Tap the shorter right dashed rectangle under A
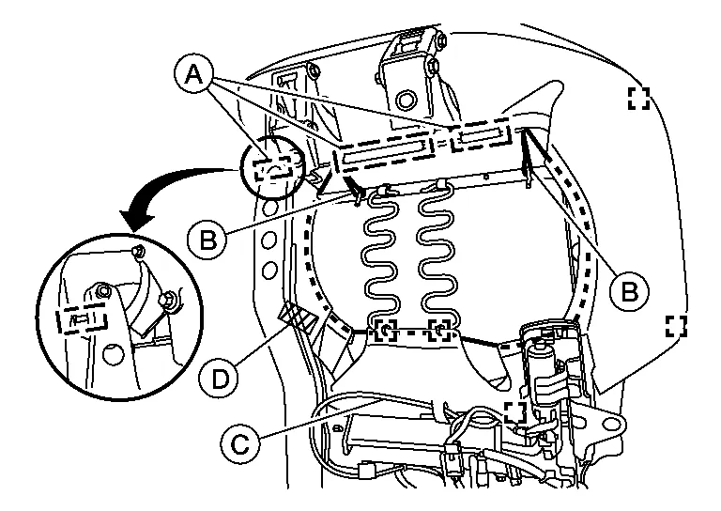pos(480,138)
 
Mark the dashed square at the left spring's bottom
pos(386,331)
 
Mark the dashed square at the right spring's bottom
pos(441,331)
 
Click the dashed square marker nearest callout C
pos(513,411)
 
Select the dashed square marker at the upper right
pos(638,98)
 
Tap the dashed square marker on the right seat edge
pos(676,325)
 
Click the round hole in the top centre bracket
pos(405,99)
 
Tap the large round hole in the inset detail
pos(112,353)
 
